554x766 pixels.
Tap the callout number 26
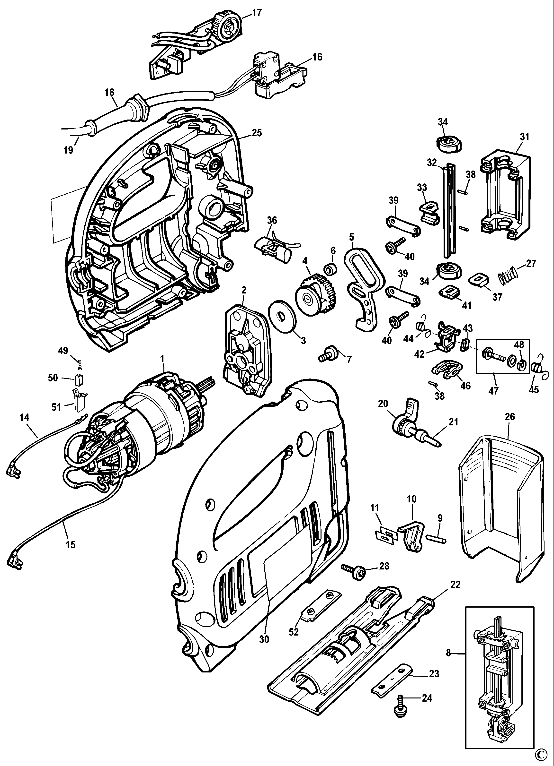[510, 417]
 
